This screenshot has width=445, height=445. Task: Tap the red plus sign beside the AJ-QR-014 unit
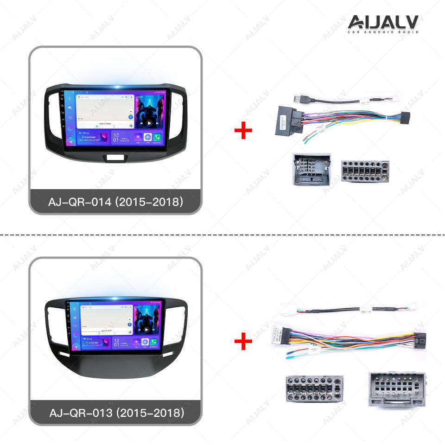tap(243, 131)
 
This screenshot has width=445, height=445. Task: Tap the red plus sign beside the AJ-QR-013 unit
tap(243, 342)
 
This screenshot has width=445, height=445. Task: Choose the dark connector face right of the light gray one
tap(365, 171)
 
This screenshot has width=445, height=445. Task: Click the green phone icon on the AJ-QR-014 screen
tap(157, 137)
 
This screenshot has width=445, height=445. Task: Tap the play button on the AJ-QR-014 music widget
tap(149, 123)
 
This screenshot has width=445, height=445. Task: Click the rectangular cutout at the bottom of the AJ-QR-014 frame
tap(114, 158)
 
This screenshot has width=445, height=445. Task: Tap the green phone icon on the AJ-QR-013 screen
tap(154, 342)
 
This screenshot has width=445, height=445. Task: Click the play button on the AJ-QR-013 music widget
tap(146, 330)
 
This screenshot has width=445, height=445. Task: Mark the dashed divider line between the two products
tap(222, 235)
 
